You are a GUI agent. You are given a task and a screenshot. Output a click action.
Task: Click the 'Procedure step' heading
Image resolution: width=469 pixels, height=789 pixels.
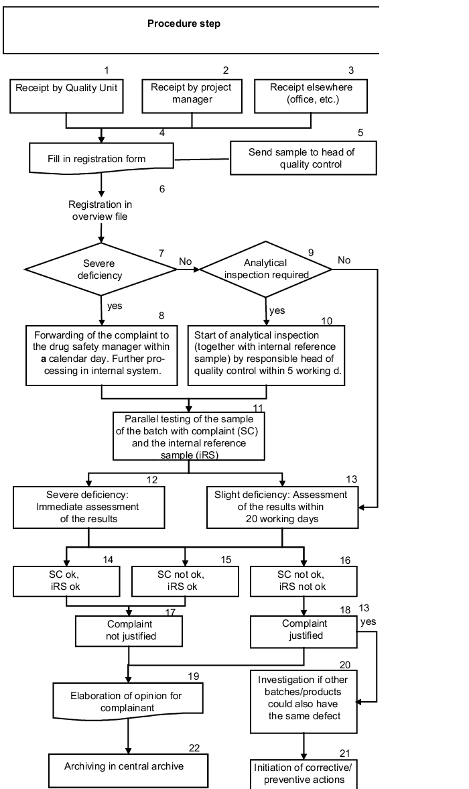click(x=184, y=23)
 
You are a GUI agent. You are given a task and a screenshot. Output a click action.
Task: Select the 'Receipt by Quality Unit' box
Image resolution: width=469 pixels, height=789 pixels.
click(x=66, y=96)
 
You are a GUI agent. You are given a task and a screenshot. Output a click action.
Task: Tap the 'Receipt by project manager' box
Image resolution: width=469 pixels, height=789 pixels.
click(x=192, y=96)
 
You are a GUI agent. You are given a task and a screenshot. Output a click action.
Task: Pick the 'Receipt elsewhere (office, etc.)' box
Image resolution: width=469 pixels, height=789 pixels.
click(x=311, y=96)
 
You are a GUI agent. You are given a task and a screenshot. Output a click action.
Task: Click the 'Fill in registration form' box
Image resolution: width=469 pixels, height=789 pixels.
click(x=102, y=158)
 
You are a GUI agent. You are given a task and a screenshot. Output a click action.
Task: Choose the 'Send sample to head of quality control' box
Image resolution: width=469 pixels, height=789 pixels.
click(x=303, y=158)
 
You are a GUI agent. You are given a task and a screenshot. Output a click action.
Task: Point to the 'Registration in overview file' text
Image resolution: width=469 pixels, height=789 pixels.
click(x=100, y=210)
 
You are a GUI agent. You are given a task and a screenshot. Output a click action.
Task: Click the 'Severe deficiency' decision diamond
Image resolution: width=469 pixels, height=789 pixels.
click(x=100, y=269)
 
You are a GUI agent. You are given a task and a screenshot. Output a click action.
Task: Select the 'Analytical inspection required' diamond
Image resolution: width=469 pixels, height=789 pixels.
click(x=266, y=269)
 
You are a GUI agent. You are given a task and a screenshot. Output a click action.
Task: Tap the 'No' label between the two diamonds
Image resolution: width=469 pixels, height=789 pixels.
click(x=186, y=261)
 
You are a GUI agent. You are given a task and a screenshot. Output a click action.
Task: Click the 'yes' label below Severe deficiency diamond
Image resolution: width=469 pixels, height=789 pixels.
click(x=115, y=306)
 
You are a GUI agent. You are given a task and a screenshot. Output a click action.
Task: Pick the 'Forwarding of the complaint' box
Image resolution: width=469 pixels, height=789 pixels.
click(x=102, y=356)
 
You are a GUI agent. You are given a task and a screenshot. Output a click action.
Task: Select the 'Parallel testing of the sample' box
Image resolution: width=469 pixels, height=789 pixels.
click(x=188, y=436)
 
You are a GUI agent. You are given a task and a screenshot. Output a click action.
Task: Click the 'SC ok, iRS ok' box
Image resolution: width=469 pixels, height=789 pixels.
click(x=66, y=581)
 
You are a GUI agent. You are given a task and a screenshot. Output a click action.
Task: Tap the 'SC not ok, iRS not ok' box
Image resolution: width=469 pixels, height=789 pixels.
click(x=304, y=581)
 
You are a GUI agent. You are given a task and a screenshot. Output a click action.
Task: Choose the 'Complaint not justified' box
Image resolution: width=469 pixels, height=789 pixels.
click(x=129, y=631)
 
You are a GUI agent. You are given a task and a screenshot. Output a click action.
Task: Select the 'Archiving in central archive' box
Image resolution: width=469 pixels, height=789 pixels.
click(x=128, y=770)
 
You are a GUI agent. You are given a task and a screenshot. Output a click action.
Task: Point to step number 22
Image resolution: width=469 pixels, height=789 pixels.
click(x=194, y=748)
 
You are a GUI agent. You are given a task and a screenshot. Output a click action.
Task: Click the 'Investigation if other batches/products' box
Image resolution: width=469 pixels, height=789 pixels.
click(x=304, y=701)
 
